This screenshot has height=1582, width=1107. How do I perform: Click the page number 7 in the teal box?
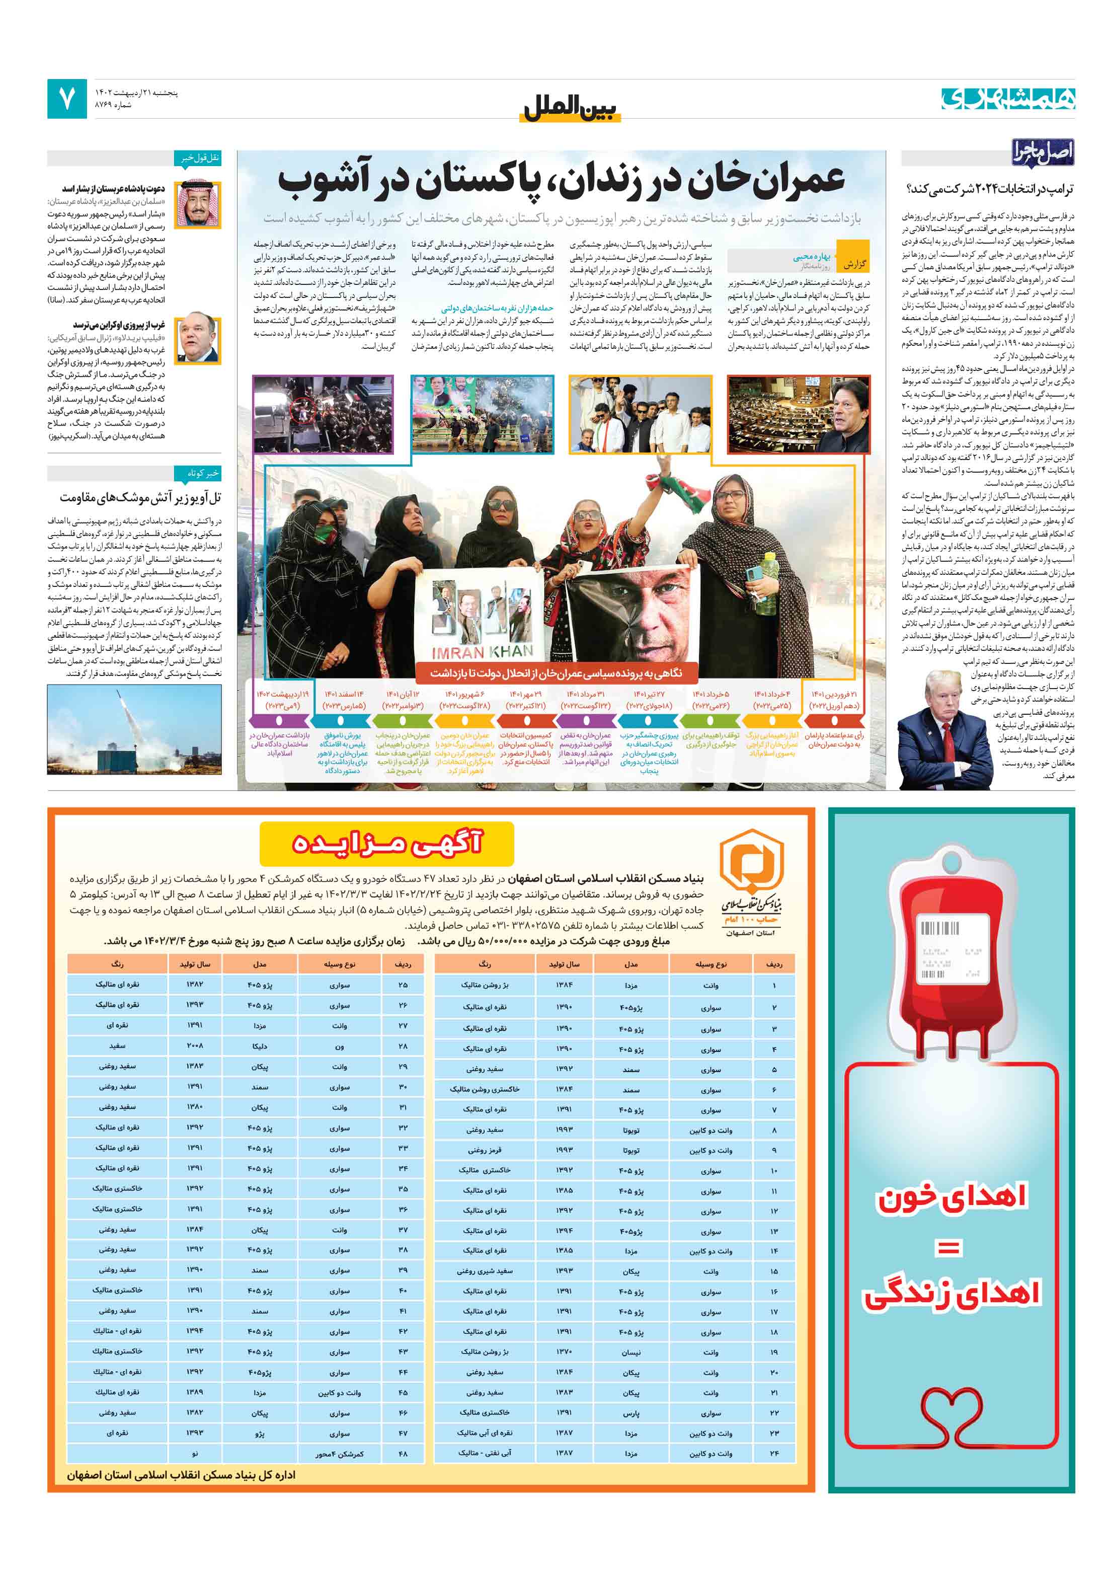67,99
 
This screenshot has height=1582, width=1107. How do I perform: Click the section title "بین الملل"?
571,109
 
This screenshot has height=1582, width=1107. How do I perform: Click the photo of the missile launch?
134,730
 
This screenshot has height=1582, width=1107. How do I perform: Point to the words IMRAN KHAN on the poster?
482,651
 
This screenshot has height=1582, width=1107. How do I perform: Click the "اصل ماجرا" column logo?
1042,153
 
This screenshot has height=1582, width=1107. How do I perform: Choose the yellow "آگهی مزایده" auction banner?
386,844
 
